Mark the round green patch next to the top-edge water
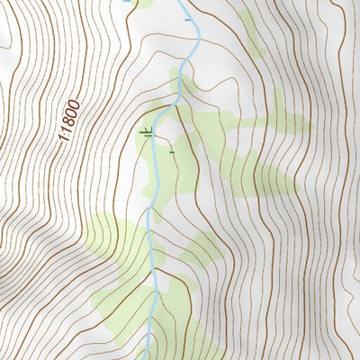144,4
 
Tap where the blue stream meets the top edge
185,2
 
